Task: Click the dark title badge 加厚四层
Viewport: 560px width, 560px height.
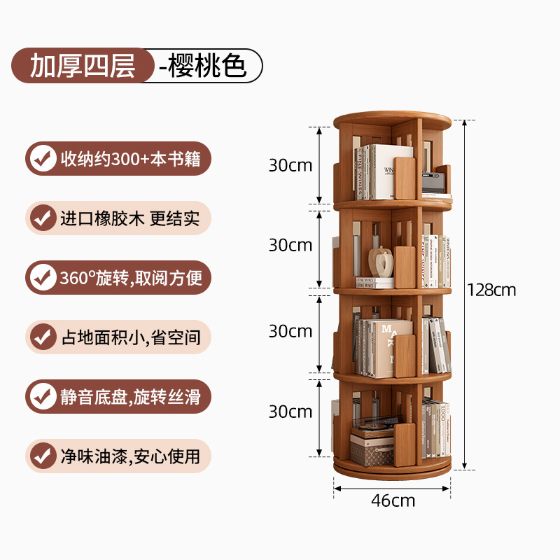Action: click(x=83, y=66)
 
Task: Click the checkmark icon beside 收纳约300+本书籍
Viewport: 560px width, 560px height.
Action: click(x=43, y=159)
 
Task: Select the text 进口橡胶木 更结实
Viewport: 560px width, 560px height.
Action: click(x=130, y=218)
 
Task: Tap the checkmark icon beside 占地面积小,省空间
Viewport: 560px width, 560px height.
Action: click(x=43, y=337)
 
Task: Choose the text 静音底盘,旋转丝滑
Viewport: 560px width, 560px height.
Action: click(x=130, y=397)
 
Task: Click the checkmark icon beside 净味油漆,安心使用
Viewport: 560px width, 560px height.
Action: click(x=43, y=456)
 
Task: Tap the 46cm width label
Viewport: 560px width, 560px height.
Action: click(x=393, y=500)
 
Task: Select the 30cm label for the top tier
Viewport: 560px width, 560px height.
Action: click(x=290, y=166)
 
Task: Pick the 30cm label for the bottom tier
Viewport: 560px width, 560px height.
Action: click(x=290, y=412)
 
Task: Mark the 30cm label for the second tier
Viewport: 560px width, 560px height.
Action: click(x=290, y=245)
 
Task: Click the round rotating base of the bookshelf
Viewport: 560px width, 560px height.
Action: click(x=392, y=470)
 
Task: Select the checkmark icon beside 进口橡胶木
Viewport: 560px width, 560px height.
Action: click(x=43, y=218)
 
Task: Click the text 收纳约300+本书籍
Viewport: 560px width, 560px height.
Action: click(x=130, y=159)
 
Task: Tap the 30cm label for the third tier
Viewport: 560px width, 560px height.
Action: click(x=290, y=330)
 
